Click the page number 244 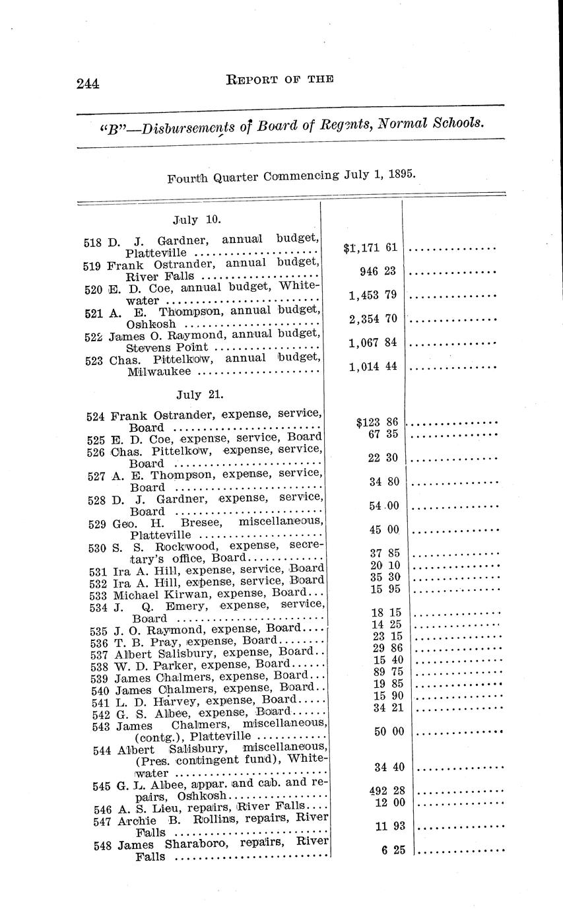[x=87, y=83]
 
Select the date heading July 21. [x=200, y=395]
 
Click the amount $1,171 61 [x=370, y=248]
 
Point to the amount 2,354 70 [x=373, y=319]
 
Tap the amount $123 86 [x=378, y=422]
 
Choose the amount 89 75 [x=388, y=672]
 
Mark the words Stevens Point [x=167, y=348]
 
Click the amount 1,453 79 [x=373, y=295]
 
